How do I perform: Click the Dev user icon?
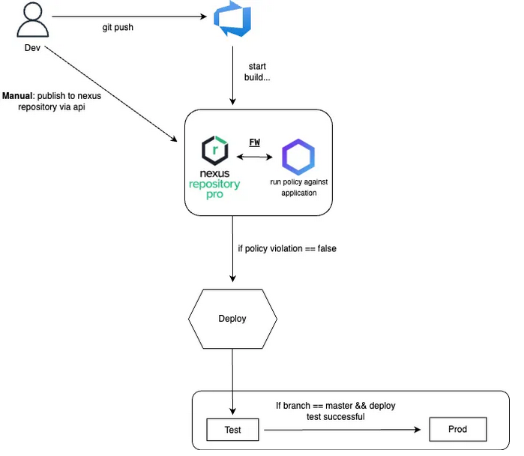click(x=32, y=22)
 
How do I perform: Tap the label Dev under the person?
click(x=32, y=49)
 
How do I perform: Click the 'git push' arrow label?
click(x=118, y=28)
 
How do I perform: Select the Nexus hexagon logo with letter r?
click(x=216, y=150)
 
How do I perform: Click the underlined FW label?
click(x=255, y=142)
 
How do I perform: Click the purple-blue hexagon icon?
click(x=298, y=157)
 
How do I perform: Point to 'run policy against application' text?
click(x=298, y=187)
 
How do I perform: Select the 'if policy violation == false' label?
click(x=286, y=248)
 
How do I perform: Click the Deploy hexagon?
click(x=232, y=319)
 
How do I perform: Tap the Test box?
click(x=232, y=430)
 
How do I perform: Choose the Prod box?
click(x=457, y=430)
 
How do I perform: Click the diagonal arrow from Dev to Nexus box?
click(x=112, y=94)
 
